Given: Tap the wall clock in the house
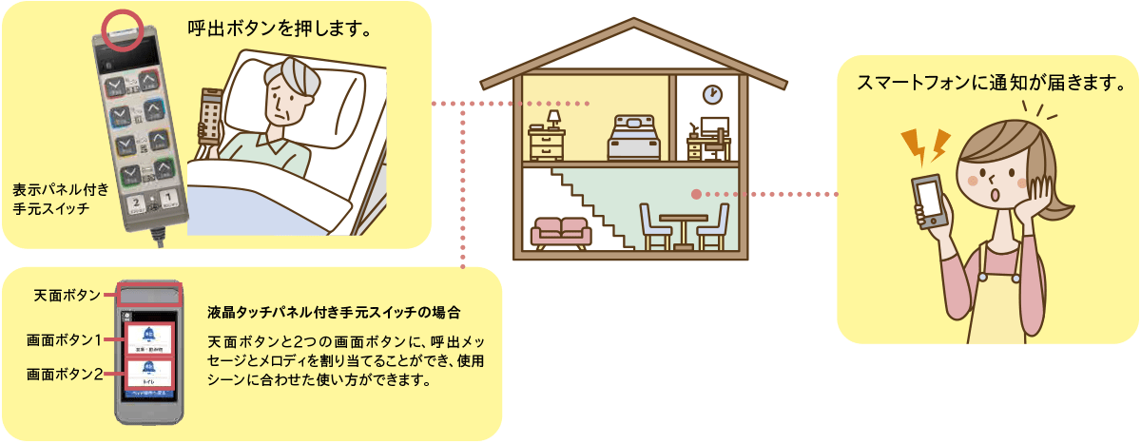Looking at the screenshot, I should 712,94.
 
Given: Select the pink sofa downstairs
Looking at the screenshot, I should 561,232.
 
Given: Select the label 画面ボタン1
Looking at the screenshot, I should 64,339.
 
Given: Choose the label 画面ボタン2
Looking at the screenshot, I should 64,374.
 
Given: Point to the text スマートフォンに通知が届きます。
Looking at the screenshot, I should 984,81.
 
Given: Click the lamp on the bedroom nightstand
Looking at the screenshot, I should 552,119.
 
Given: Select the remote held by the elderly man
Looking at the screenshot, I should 211,115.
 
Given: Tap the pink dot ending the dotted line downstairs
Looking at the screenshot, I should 697,194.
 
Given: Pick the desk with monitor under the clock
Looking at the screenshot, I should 708,143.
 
